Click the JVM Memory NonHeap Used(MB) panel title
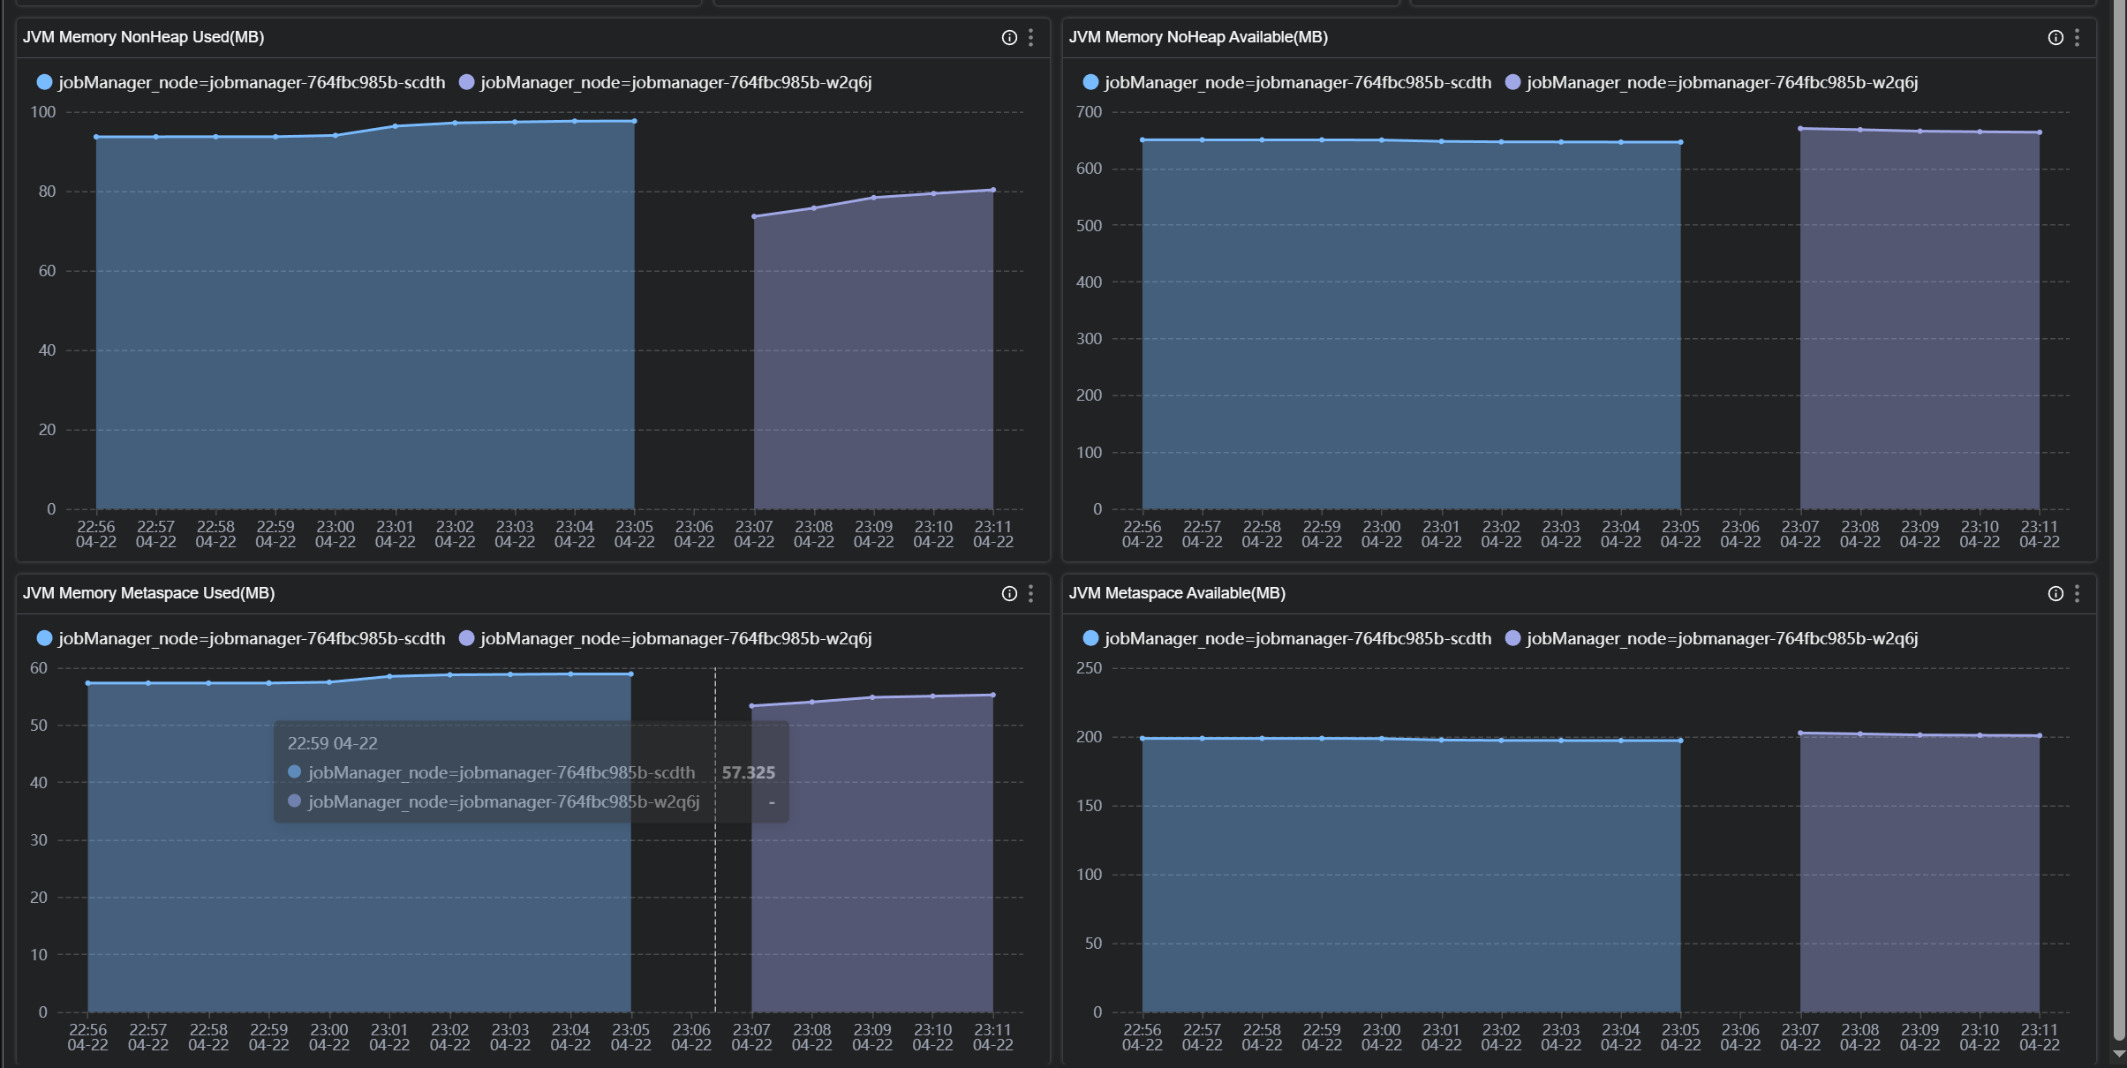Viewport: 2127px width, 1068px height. point(143,37)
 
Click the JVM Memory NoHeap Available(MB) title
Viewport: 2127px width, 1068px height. point(1197,37)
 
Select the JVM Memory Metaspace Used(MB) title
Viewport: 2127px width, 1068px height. point(148,593)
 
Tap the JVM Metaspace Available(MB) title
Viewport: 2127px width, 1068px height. point(1176,593)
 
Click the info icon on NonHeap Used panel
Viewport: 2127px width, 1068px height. point(1009,37)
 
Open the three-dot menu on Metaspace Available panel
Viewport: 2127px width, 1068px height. point(2077,593)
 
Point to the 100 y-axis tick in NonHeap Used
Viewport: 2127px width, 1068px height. point(43,112)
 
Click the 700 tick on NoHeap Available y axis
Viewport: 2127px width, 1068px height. point(1089,112)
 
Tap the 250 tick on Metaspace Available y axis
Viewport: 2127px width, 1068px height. point(1089,668)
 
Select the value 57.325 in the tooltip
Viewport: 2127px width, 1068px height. point(748,772)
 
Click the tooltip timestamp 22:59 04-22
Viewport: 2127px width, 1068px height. point(332,743)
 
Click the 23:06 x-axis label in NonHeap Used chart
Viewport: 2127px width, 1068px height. point(694,534)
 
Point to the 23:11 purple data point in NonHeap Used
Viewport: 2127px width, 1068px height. point(993,190)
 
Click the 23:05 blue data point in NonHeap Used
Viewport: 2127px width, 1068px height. point(634,121)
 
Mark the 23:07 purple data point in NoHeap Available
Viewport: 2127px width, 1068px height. point(1800,129)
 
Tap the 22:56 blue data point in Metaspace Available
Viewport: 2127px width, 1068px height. point(1143,739)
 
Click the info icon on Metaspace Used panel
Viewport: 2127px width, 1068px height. point(1009,593)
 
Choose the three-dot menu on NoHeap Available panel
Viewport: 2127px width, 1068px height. point(2077,37)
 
